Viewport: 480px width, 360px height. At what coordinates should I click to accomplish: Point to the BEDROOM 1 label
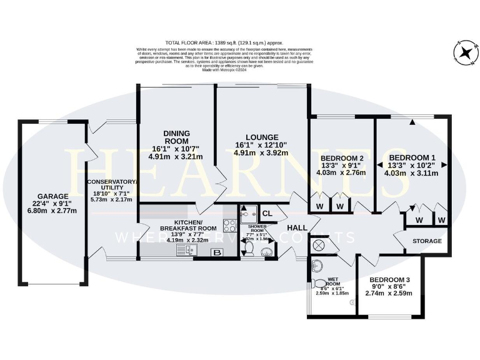tap(412, 157)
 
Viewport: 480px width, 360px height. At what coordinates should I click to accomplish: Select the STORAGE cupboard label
tap(427, 241)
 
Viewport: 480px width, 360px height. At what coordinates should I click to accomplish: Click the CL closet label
tap(267, 213)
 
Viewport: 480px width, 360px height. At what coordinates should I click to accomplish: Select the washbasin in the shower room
tap(267, 251)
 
